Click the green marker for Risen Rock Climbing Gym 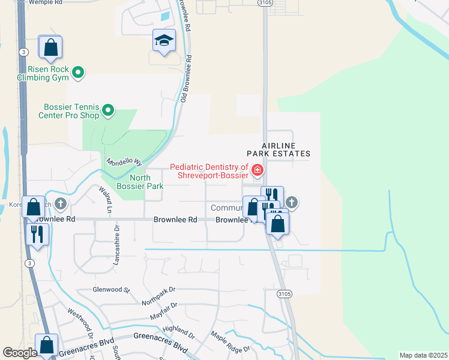click(x=77, y=73)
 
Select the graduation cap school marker click(x=164, y=41)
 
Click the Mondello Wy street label click(x=124, y=163)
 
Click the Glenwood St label click(x=111, y=289)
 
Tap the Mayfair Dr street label click(x=164, y=310)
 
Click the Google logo click(x=20, y=352)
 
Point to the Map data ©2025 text click(x=423, y=355)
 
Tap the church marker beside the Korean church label click(x=60, y=204)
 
